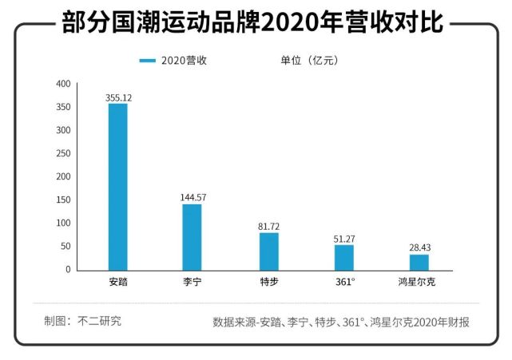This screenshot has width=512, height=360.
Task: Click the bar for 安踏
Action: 117,187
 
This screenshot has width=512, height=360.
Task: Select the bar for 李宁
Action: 192,237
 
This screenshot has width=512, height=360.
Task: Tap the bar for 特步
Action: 268,251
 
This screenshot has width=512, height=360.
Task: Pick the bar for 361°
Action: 343,257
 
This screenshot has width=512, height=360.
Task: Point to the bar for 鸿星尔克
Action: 419,262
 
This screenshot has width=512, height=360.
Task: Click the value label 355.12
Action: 118,97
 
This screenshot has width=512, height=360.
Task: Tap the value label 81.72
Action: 269,226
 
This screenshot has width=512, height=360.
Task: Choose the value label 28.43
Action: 419,247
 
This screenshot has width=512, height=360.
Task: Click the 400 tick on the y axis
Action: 63,84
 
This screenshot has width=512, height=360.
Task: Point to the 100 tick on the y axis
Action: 63,224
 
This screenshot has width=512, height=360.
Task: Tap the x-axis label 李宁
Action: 192,282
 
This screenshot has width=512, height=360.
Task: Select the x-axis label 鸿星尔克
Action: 419,282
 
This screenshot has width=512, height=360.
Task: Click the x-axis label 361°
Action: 344,282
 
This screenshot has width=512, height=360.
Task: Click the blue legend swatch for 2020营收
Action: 147,61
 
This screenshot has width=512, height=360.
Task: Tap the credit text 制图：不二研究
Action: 83,322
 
